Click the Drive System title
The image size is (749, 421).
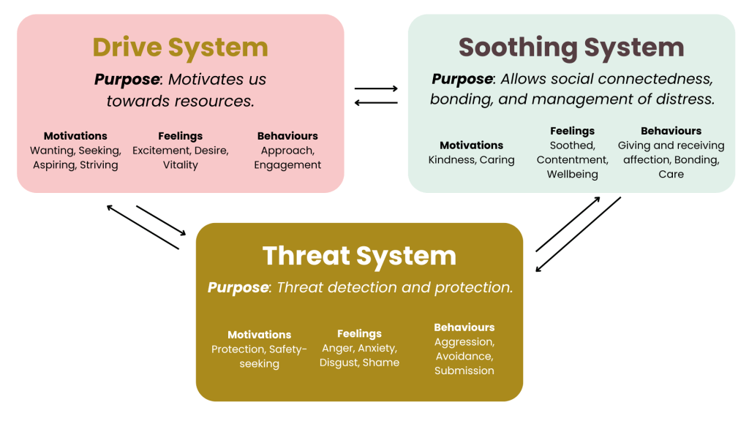point(180,48)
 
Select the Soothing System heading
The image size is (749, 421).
point(571,48)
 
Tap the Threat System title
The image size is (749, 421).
point(359,256)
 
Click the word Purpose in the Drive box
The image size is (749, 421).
point(127,79)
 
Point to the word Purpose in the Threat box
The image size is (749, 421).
point(237,287)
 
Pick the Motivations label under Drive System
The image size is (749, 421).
point(75,136)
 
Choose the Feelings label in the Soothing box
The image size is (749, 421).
point(572,131)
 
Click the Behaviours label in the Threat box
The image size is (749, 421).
point(464,327)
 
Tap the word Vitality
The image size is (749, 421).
point(181,165)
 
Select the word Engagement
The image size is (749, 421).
point(287,165)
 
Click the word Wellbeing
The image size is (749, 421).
point(572,175)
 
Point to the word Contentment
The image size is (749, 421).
point(571,160)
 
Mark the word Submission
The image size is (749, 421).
point(464,371)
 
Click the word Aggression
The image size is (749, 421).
point(464,342)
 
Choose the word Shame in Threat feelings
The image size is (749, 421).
point(381,363)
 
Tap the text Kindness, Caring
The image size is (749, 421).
point(471,160)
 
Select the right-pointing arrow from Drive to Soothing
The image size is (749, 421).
point(376,89)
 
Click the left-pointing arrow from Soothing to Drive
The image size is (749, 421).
point(376,102)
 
